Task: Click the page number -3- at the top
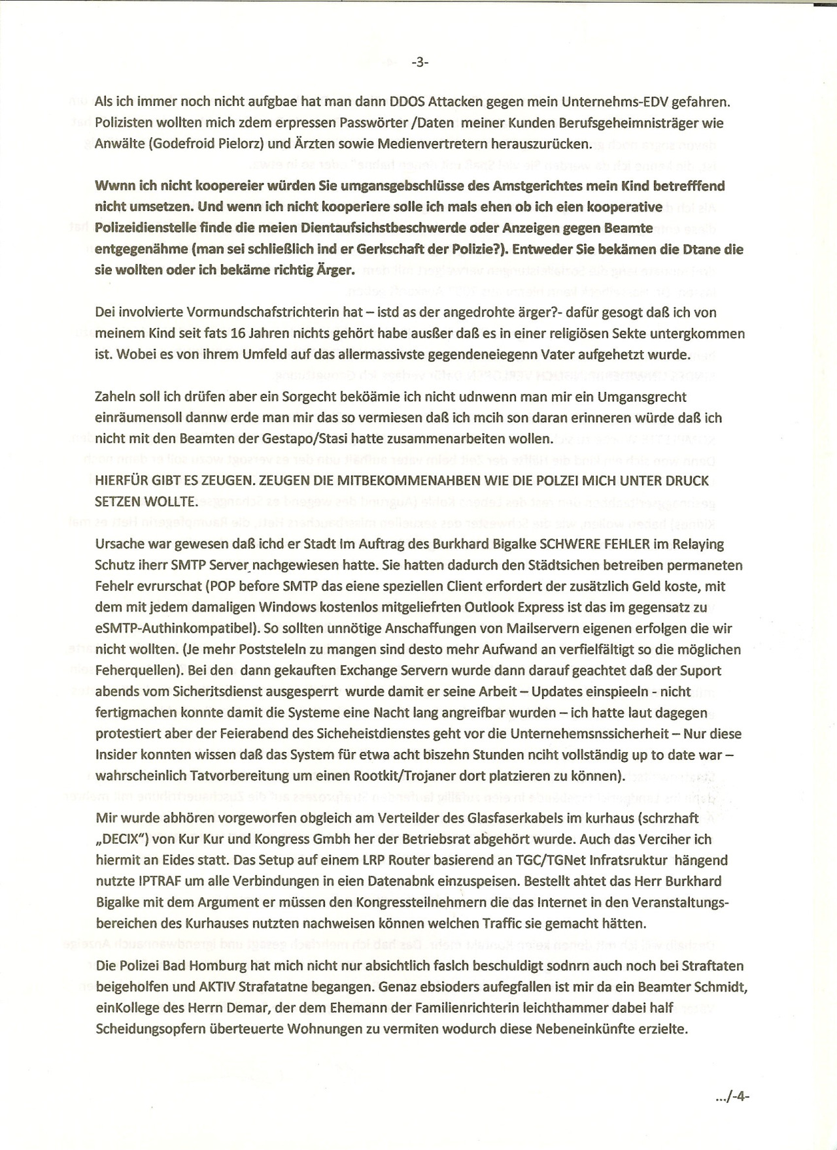(419, 63)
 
